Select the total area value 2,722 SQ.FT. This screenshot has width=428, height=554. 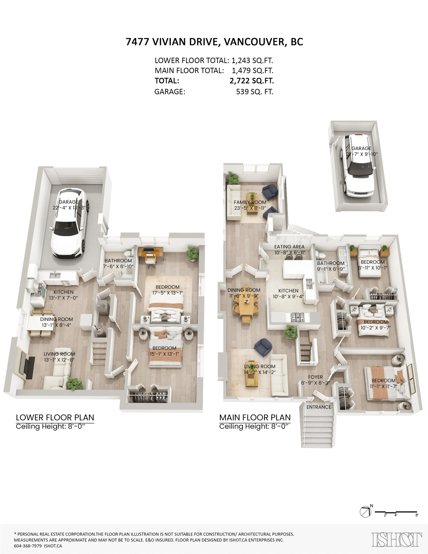pos(251,81)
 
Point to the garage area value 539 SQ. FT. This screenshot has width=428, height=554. pos(254,92)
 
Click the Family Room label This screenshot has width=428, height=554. pos(250,202)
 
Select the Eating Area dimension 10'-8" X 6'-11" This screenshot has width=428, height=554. pos(289,253)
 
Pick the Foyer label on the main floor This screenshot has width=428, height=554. pos(315,377)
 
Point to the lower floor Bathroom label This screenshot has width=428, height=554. pos(118,261)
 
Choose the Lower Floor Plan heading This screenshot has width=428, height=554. pos(55,417)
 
